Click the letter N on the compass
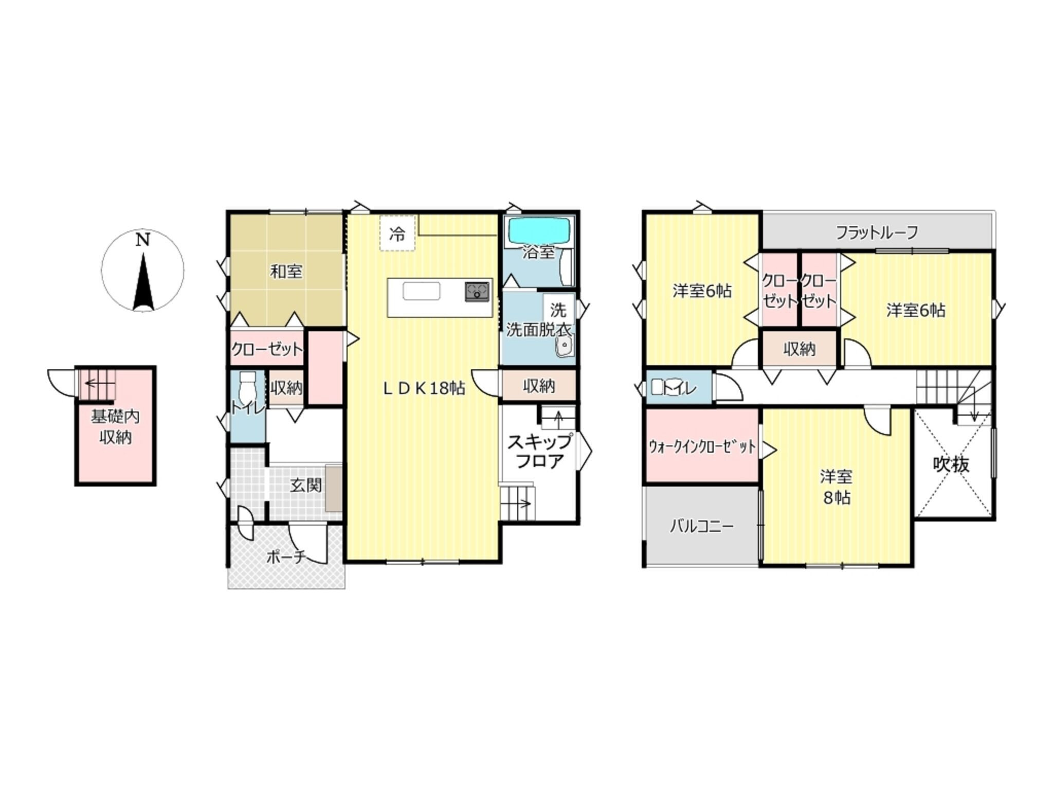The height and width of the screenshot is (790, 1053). click(142, 240)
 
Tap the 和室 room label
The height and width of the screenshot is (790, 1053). click(286, 271)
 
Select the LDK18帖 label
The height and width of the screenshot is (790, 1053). click(424, 388)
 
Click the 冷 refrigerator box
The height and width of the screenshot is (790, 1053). click(397, 234)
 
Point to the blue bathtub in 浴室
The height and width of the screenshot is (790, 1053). click(539, 231)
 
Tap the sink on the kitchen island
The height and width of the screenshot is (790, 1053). click(422, 291)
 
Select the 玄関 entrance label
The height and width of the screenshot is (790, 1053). click(306, 485)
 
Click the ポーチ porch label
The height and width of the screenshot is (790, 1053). click(286, 556)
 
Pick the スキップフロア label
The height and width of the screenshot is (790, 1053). click(539, 451)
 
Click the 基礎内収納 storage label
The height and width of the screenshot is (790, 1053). click(115, 426)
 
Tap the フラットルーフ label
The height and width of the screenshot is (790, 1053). click(877, 232)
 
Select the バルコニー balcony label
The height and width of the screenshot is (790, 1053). click(701, 527)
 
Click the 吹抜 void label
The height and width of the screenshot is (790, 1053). click(951, 464)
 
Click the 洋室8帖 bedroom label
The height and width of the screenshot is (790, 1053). click(836, 487)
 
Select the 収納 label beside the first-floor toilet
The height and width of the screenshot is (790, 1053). click(286, 388)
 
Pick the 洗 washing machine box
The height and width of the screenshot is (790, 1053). click(558, 310)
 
